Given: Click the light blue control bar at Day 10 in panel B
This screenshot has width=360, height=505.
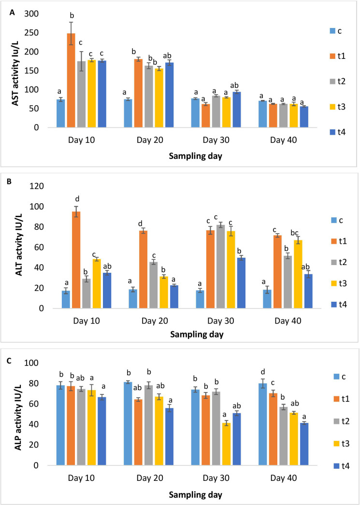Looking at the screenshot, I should (x=66, y=300).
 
